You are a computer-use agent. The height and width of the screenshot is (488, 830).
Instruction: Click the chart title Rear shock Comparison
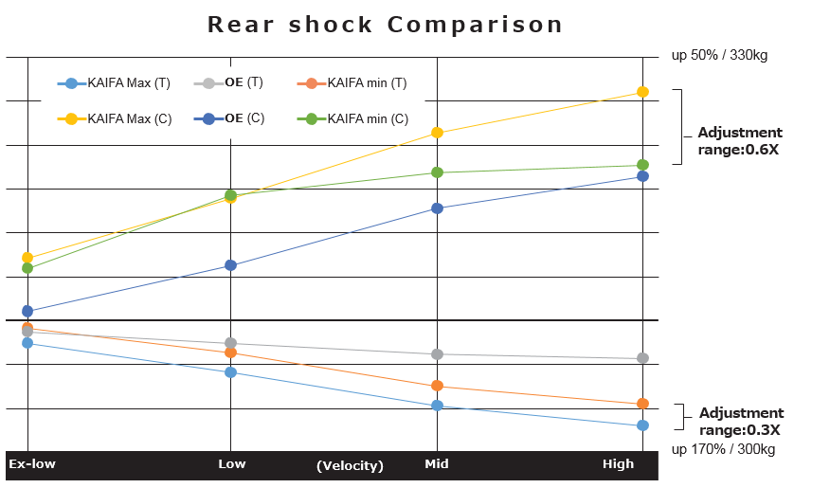[385, 25]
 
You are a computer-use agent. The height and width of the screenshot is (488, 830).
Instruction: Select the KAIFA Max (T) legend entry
[114, 83]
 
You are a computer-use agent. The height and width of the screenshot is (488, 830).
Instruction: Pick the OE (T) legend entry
[228, 82]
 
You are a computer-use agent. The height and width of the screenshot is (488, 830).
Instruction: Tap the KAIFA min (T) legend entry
[352, 83]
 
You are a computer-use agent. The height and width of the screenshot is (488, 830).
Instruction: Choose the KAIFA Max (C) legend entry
[115, 118]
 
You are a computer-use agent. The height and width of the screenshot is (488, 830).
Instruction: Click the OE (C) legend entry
[229, 118]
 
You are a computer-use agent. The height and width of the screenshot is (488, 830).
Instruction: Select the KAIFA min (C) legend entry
[353, 118]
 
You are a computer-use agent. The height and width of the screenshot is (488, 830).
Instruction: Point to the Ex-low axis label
[32, 463]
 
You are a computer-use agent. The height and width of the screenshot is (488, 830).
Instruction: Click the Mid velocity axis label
[437, 463]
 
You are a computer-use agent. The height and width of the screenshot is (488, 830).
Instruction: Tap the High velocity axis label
[619, 463]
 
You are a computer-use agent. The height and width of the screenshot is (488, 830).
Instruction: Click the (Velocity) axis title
[350, 466]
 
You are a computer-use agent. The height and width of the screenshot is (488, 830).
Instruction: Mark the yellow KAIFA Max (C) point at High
[642, 92]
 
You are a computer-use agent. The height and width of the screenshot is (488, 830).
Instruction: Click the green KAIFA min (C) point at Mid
[437, 172]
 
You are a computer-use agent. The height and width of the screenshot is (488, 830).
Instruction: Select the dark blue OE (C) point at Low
[231, 265]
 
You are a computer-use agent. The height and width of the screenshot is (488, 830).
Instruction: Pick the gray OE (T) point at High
[642, 358]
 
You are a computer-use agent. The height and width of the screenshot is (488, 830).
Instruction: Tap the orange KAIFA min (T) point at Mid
[437, 386]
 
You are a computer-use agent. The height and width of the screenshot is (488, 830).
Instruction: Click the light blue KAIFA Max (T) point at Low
[231, 372]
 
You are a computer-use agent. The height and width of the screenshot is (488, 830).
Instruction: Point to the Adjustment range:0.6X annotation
[740, 141]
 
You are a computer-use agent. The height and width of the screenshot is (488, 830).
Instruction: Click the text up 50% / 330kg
[719, 55]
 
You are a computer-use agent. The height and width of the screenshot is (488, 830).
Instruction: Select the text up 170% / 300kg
[723, 449]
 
